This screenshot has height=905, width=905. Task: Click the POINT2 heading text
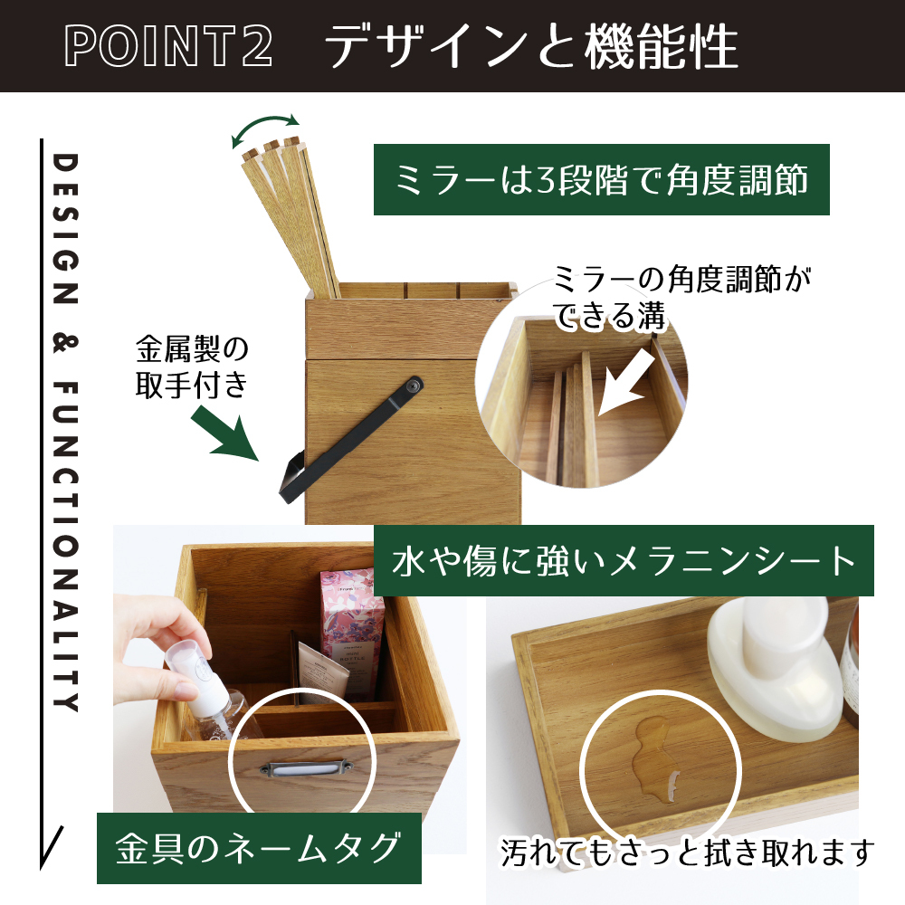click(168, 45)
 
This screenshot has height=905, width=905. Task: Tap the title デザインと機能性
click(531, 45)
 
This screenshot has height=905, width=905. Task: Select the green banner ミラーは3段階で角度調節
click(602, 179)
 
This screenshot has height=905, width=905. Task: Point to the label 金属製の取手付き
click(192, 367)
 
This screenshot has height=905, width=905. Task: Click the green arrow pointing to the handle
click(224, 433)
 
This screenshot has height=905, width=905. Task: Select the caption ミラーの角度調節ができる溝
click(681, 298)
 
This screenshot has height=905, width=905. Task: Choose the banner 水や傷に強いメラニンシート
click(624, 560)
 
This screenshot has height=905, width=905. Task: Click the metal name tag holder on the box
click(305, 768)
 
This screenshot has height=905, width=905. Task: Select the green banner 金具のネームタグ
click(259, 848)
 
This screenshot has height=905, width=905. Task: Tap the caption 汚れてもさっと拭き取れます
click(687, 853)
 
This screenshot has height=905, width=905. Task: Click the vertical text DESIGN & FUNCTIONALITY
click(65, 432)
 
